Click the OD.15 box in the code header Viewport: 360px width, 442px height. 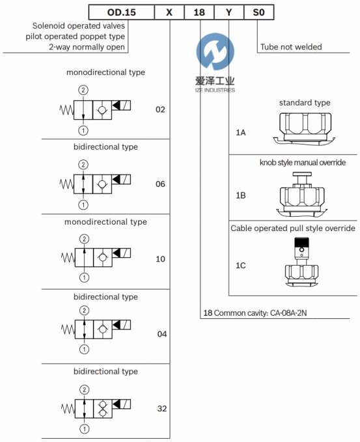[122, 12]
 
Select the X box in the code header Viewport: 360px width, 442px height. [169, 12]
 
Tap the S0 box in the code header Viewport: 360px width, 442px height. [258, 12]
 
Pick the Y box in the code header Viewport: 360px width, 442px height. [229, 12]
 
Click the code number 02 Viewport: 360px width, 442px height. [160, 109]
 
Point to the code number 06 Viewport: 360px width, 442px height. [160, 184]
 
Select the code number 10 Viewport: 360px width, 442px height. [160, 259]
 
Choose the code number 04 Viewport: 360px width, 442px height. [162, 334]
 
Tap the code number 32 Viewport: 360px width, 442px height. [162, 408]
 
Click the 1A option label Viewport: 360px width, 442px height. [241, 133]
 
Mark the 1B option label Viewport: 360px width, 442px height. [241, 195]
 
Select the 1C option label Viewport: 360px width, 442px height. [241, 266]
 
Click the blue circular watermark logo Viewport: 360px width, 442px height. [215, 51]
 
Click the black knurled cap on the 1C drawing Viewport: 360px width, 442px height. [301, 242]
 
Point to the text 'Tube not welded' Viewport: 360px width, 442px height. [291, 47]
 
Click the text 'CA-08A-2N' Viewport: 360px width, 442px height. [288, 313]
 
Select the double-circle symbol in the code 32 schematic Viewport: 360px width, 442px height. [103, 409]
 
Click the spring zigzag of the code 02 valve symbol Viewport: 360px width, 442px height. [66, 110]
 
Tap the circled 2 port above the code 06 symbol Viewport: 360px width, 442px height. [83, 165]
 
